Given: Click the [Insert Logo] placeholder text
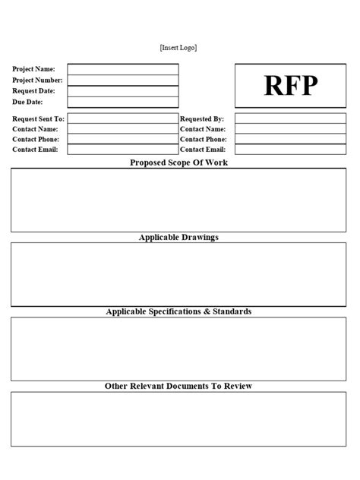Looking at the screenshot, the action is pyautogui.click(x=178, y=48).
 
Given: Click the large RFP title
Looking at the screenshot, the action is pyautogui.click(x=291, y=86).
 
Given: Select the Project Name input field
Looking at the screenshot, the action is pyautogui.click(x=123, y=69).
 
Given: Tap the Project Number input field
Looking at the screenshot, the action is pyautogui.click(x=123, y=80).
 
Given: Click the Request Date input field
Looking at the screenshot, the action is pyautogui.click(x=123, y=91).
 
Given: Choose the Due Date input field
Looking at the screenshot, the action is pyautogui.click(x=123, y=102).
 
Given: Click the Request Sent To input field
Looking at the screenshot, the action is pyautogui.click(x=123, y=118).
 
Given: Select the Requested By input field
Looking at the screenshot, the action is pyautogui.click(x=291, y=118).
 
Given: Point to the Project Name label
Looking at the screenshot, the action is pyautogui.click(x=33, y=69).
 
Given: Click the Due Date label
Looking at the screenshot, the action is pyautogui.click(x=27, y=102).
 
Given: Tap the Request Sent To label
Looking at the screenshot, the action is pyautogui.click(x=39, y=119).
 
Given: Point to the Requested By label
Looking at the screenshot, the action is pyautogui.click(x=202, y=119).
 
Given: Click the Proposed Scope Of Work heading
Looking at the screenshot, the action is pyautogui.click(x=178, y=163).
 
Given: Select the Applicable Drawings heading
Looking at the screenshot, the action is pyautogui.click(x=178, y=237).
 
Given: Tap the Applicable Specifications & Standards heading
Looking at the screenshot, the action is pyautogui.click(x=178, y=311).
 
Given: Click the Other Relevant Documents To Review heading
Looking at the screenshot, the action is pyautogui.click(x=178, y=386).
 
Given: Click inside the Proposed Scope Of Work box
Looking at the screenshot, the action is pyautogui.click(x=178, y=200).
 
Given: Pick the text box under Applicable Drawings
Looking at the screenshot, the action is pyautogui.click(x=178, y=274).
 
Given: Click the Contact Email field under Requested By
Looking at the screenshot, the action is pyautogui.click(x=291, y=150).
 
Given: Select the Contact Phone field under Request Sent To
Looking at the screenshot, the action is pyautogui.click(x=123, y=140).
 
